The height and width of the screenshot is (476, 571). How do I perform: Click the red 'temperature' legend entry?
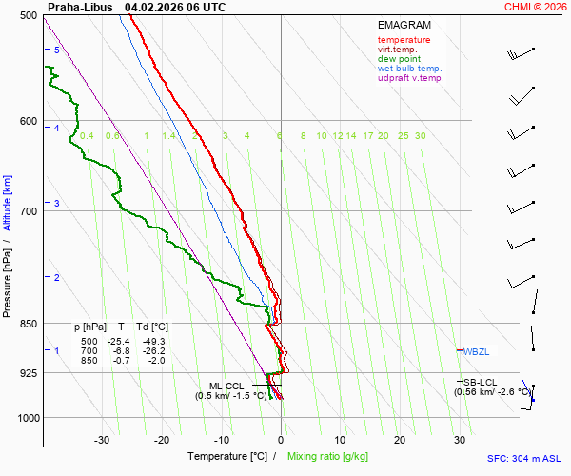pos(404,40)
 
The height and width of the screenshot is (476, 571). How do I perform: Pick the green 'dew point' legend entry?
pos(400,59)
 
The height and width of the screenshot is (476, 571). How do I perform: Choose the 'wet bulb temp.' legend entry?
pos(409,69)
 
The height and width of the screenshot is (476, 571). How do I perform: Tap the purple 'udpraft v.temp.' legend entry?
pos(410,78)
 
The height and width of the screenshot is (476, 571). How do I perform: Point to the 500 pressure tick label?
pos(28,16)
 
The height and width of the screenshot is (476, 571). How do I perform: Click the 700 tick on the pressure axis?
pos(28,211)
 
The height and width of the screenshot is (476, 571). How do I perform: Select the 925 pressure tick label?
pos(28,373)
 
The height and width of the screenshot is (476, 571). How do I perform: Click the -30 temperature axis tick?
pos(103,440)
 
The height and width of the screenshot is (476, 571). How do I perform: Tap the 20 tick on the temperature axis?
pos(400,440)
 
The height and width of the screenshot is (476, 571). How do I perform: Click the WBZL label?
pos(476,351)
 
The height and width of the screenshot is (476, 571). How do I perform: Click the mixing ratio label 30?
pos(420,136)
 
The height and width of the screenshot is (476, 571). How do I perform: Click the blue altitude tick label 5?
pos(57,50)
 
